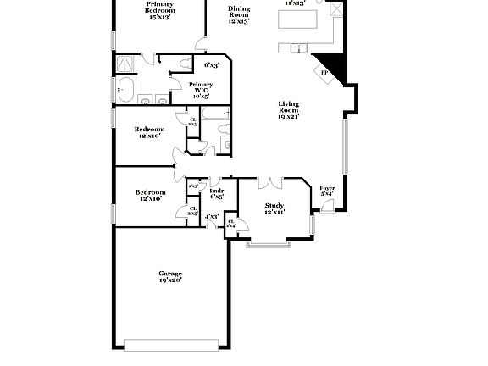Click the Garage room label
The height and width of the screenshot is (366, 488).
click(170, 276)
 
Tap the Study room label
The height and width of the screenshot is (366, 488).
click(274, 208)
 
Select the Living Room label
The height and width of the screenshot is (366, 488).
click(290, 110)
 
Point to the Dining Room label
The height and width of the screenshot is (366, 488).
click(240, 14)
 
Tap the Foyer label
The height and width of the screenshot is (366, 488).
click(326, 191)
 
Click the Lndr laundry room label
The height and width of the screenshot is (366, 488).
click(216, 193)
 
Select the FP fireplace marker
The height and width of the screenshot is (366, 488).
click(324, 73)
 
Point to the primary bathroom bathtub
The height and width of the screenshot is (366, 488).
click(125, 87)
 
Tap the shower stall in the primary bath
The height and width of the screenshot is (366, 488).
click(125, 63)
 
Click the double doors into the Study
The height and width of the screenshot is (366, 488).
click(269, 181)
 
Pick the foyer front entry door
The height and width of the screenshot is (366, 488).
click(313, 225)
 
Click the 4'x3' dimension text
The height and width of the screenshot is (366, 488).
click(212, 217)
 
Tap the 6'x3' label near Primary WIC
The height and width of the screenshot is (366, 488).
click(211, 64)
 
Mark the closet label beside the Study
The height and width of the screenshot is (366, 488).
click(231, 223)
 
